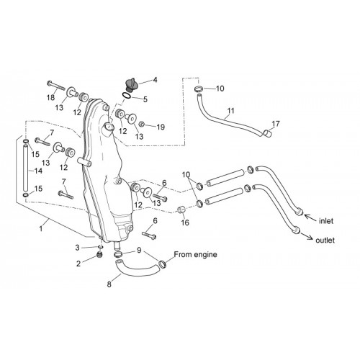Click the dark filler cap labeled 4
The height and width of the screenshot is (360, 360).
(132, 85)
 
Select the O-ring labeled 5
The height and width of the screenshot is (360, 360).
(127, 96)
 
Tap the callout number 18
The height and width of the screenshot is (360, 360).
(51, 97)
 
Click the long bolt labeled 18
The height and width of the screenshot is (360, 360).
(56, 86)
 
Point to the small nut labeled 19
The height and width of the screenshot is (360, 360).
(142, 125)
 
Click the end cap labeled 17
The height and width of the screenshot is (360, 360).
(268, 133)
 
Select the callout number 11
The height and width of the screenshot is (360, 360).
(230, 111)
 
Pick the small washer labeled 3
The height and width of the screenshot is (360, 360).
(100, 247)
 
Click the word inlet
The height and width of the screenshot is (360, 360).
(326, 221)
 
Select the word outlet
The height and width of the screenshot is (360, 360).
(325, 240)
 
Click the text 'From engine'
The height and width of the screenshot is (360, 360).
(195, 254)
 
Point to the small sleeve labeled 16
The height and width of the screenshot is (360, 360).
(181, 210)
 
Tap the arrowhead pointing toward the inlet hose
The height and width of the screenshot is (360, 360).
(307, 216)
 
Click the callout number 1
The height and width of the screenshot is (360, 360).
(41, 228)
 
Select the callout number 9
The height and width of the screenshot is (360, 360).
(139, 251)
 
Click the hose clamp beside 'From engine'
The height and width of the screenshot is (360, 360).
(163, 264)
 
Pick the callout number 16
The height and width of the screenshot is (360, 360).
(185, 222)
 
